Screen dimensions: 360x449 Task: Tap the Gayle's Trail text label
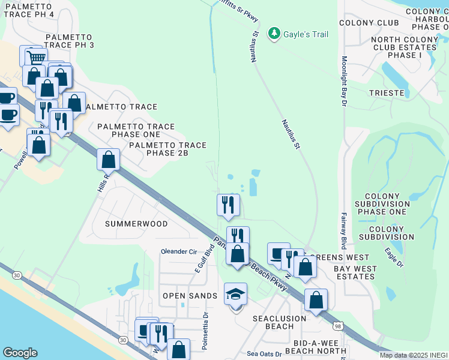(x=306, y=34)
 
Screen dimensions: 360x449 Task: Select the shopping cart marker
(x=34, y=56)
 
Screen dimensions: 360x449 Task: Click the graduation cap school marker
(x=235, y=294)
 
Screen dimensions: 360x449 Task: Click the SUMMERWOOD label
(x=136, y=223)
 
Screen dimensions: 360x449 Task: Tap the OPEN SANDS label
(x=190, y=296)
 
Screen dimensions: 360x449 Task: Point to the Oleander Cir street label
(x=178, y=251)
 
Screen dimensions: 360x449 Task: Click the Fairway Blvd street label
(x=345, y=231)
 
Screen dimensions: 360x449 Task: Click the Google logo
(x=20, y=353)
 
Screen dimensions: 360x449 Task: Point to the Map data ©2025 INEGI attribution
(x=414, y=355)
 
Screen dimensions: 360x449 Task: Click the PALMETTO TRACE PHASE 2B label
(x=167, y=149)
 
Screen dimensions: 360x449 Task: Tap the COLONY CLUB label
(x=369, y=23)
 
